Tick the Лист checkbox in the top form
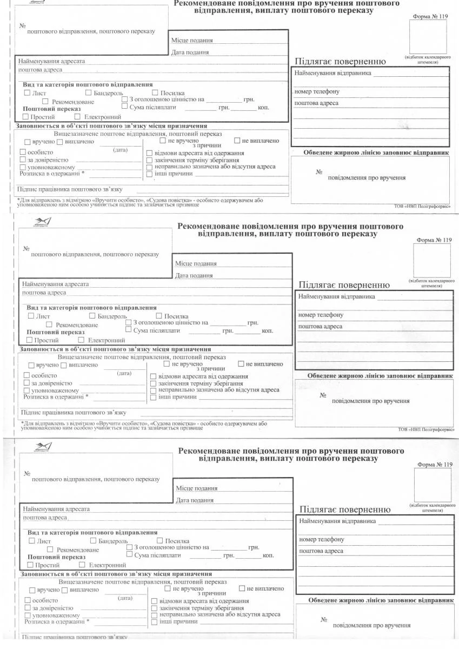pos(28,93)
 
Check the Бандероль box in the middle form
pos(92,315)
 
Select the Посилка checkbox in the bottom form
pos(159,540)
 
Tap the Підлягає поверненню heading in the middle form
pos(343,285)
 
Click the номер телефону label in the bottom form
pos(321,539)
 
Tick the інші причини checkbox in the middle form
pos(153,397)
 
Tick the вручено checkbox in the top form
pos(22,142)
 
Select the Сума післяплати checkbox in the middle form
pos(128,329)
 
